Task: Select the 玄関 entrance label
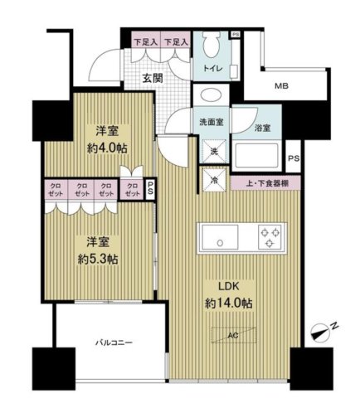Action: pyautogui.click(x=151, y=78)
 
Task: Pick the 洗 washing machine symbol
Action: pyautogui.click(x=212, y=152)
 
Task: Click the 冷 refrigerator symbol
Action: pyautogui.click(x=211, y=177)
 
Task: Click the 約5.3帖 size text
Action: pyautogui.click(x=99, y=259)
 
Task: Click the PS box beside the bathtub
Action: pyautogui.click(x=292, y=158)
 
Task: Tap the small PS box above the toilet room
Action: pyautogui.click(x=236, y=34)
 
